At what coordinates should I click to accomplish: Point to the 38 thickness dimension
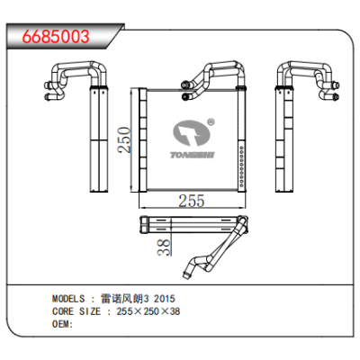(164, 247)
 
